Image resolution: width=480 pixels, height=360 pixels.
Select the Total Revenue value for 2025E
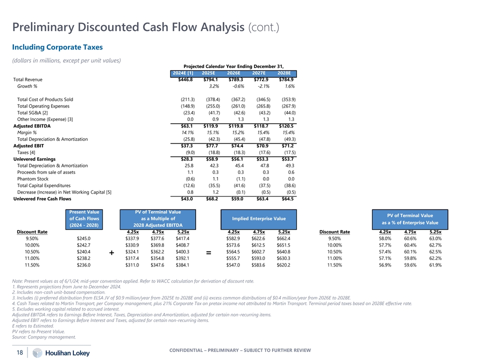click(x=212, y=79)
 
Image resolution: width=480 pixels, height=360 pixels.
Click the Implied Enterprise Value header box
click(x=258, y=218)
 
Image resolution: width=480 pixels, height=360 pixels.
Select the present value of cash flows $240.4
click(x=80, y=252)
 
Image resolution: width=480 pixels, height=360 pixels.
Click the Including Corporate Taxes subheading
click(x=57, y=47)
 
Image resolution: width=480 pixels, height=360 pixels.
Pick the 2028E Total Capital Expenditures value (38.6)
click(x=288, y=185)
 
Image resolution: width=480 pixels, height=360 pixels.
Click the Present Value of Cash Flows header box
click(x=85, y=218)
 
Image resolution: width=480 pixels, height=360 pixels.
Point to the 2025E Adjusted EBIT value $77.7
click(x=212, y=145)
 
